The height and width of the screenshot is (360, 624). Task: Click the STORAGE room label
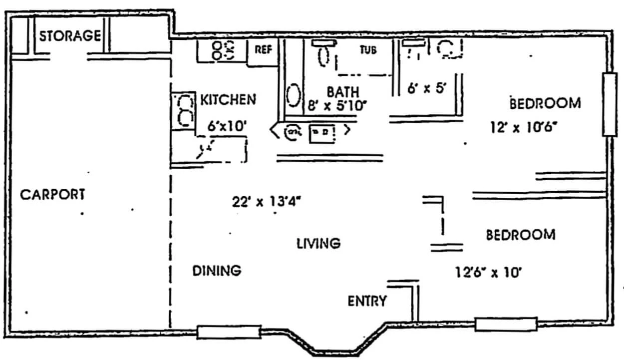point(69,36)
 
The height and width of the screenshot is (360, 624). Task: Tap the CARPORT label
point(52,194)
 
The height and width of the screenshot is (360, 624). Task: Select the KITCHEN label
point(228,99)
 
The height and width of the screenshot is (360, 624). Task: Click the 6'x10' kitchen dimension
point(228,125)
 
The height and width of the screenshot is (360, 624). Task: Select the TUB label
point(368,50)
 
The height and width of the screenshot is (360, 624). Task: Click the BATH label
point(342,92)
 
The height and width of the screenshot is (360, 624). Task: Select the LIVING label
point(318,244)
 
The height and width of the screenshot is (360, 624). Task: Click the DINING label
point(217,271)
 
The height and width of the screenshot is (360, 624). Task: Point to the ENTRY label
point(367,301)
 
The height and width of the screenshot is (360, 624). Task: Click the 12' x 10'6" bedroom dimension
point(524,127)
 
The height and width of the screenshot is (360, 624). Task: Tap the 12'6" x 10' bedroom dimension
point(488,273)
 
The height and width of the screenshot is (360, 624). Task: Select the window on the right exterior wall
point(610,104)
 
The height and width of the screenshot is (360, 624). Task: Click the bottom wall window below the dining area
point(229,332)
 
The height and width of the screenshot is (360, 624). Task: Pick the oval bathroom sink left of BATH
point(293,95)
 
